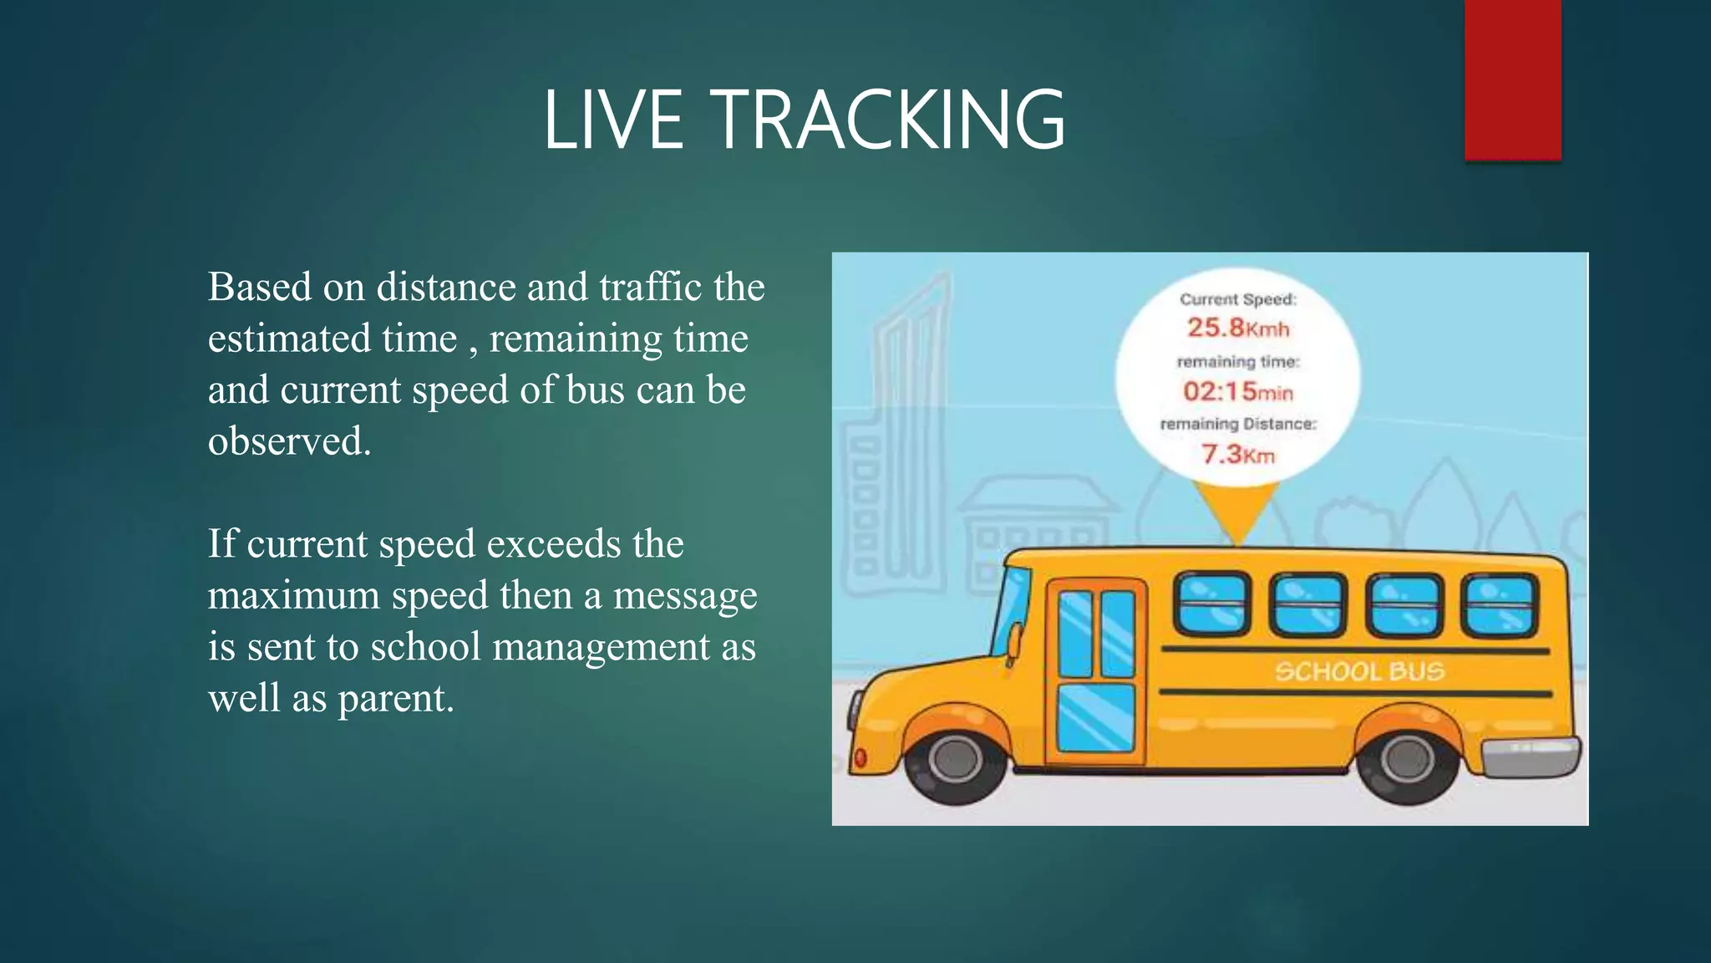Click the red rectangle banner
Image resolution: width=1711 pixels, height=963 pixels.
tap(1512, 79)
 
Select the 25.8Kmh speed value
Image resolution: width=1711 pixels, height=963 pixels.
tap(1238, 328)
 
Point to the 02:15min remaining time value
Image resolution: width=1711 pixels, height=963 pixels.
tap(1237, 391)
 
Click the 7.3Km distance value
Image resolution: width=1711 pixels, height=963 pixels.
tap(1237, 455)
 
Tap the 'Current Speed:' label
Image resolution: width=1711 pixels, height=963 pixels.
tap(1237, 299)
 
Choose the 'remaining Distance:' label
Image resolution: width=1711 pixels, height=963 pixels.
tap(1237, 424)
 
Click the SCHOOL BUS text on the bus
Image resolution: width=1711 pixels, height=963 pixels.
tap(1359, 671)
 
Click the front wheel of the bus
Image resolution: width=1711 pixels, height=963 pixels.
tap(955, 759)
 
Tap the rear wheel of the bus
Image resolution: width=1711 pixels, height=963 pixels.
tap(1407, 759)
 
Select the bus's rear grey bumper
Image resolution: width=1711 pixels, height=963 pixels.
tap(1531, 757)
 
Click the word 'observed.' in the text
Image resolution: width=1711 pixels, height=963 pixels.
tap(289, 441)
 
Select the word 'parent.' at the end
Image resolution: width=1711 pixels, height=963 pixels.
tap(395, 699)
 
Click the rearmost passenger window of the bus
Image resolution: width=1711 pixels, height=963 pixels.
tap(1500, 604)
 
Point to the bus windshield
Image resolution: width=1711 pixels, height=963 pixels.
tap(1010, 610)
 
